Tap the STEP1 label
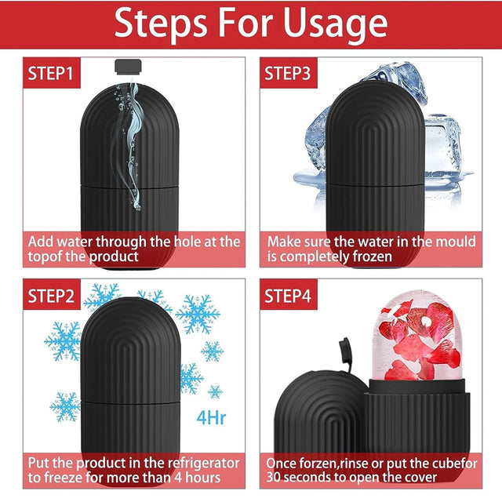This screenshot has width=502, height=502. click(50, 73)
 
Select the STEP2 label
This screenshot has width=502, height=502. click(51, 296)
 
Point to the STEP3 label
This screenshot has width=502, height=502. click(288, 73)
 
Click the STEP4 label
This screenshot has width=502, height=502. click(288, 296)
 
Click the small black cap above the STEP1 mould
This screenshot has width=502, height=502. click(128, 67)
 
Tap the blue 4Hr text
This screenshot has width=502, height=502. click(211, 417)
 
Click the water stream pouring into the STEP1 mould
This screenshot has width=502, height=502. click(131, 144)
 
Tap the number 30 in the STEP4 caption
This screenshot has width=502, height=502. click(273, 478)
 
